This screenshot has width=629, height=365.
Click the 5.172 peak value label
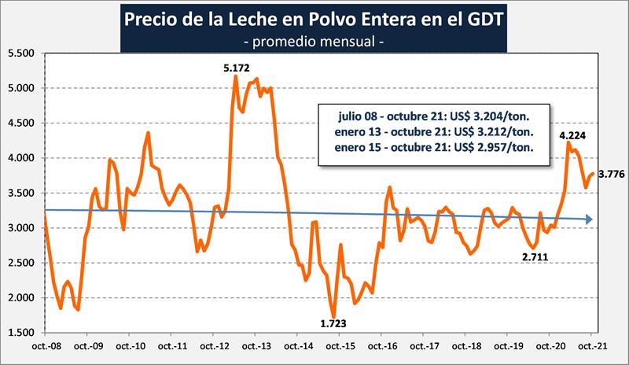(236, 68)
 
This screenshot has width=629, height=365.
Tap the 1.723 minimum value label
(333, 323)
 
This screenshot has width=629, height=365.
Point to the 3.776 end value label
(611, 174)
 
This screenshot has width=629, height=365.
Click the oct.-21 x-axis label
(590, 346)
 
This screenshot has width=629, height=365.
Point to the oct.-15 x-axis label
(339, 346)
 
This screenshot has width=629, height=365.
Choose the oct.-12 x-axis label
(214, 346)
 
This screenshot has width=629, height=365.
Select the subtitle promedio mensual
(314, 39)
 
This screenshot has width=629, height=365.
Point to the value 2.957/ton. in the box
(492, 146)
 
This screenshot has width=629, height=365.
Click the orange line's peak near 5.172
(236, 76)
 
